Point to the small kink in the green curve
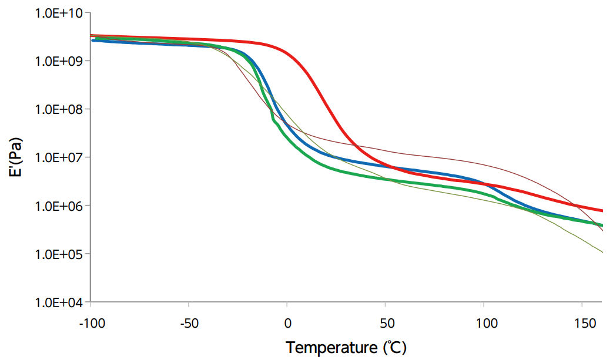point(273,120)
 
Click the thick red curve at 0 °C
point(287,52)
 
